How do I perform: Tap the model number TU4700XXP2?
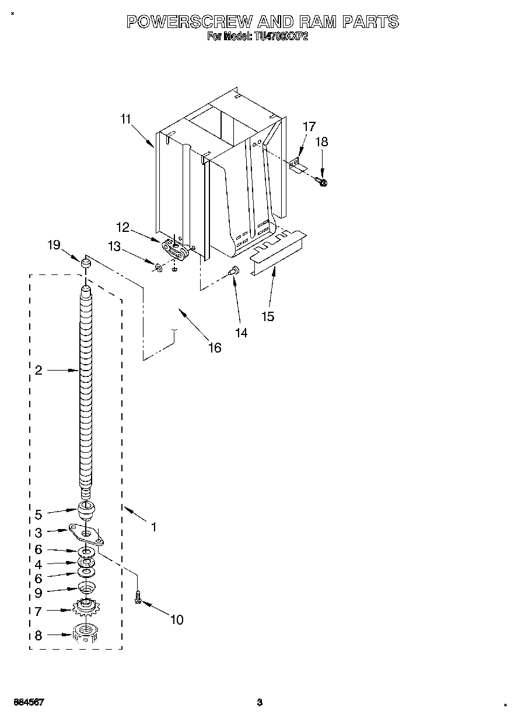282,37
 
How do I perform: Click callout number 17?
309,126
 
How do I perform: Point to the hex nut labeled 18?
324,182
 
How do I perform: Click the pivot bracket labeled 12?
177,250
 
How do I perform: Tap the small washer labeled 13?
158,267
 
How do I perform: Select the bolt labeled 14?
234,270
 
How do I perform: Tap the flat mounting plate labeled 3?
86,534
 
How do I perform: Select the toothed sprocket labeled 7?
86,609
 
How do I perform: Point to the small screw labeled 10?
138,597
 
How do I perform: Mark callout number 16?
215,348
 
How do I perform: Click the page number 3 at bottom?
260,702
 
